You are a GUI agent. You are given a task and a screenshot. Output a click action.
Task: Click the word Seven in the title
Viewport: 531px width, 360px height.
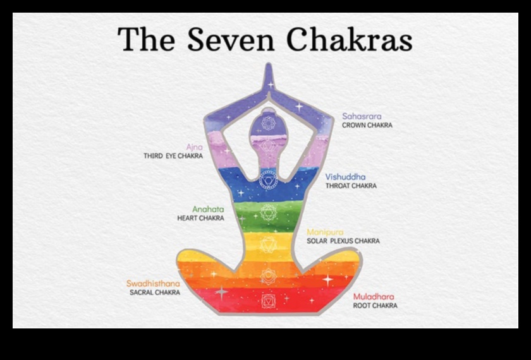[231, 39]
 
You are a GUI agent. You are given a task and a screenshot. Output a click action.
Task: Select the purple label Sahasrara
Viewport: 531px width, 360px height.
[362, 116]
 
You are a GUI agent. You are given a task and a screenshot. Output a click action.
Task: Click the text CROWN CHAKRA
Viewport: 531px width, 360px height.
[367, 125]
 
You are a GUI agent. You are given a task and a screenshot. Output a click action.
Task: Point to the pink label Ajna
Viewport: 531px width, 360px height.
[195, 147]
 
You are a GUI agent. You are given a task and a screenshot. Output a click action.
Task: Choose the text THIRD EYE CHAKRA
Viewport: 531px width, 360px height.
[173, 156]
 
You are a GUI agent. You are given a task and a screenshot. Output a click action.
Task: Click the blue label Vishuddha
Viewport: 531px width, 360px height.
[345, 177]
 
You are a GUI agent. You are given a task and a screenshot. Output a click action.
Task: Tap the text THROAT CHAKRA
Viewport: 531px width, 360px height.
[351, 186]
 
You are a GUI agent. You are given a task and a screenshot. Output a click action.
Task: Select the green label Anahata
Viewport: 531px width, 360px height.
[208, 210]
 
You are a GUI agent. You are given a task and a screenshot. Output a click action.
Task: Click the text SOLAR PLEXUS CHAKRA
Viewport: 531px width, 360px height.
[343, 241]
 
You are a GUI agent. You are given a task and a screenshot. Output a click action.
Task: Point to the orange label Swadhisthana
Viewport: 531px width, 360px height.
[153, 284]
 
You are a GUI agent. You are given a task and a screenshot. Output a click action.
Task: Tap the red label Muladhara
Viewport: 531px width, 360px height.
[374, 297]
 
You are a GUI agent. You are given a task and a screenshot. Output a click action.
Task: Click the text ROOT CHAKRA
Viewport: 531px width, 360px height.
[375, 306]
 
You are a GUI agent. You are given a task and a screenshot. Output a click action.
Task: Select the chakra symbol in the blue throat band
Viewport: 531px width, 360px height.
[268, 179]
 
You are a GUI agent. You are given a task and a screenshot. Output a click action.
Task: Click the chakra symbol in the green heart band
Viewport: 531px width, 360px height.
[269, 212]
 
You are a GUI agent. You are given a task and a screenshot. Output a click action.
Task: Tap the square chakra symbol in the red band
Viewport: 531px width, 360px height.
[269, 301]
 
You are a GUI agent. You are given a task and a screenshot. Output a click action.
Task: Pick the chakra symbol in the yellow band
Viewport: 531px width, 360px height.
[269, 244]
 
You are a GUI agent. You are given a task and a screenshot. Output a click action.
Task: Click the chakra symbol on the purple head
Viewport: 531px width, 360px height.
[268, 123]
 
